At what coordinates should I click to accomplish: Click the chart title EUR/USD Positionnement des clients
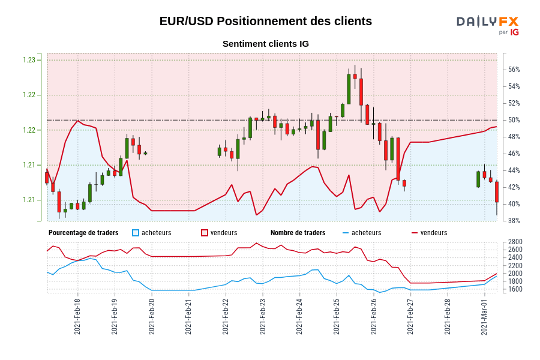click(x=265, y=21)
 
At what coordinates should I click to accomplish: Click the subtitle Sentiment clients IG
click(x=265, y=44)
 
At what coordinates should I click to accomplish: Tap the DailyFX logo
click(x=487, y=25)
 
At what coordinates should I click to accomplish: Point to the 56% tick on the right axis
click(x=514, y=70)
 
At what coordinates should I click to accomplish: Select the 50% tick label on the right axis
click(x=514, y=120)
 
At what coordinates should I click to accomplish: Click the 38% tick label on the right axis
click(x=514, y=221)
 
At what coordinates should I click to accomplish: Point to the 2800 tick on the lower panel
click(x=515, y=242)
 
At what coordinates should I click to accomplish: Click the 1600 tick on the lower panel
click(x=515, y=289)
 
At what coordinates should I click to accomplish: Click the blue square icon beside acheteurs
click(x=136, y=233)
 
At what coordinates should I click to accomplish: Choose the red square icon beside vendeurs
click(x=205, y=233)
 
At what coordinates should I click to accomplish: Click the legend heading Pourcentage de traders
click(x=83, y=233)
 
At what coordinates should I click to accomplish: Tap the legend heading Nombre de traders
click(x=298, y=233)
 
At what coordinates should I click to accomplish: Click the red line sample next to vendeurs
click(x=414, y=233)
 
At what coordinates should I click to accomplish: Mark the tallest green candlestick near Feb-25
click(x=349, y=89)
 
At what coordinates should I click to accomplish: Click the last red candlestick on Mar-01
click(x=497, y=192)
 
